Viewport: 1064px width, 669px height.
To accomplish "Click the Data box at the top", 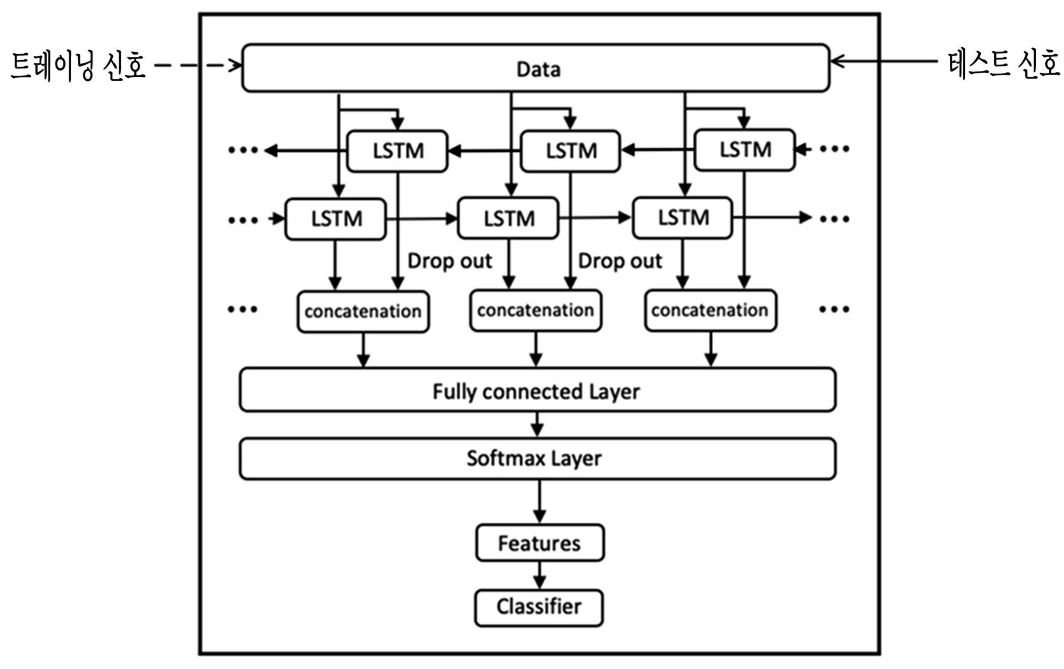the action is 536,68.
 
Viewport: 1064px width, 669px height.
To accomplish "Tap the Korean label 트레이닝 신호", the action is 78,66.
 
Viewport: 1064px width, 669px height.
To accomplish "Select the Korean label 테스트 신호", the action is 1003,64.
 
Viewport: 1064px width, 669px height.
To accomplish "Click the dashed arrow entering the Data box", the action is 198,66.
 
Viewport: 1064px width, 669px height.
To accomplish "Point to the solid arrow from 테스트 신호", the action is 884,61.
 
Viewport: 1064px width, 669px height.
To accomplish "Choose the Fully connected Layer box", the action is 537,390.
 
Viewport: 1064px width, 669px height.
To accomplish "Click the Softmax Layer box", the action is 537,459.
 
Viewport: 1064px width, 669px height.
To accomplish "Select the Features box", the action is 540,543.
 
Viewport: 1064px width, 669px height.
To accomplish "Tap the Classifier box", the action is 539,608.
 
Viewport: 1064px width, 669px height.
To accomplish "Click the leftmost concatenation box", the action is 363,312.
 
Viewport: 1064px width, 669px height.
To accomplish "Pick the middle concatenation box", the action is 536,310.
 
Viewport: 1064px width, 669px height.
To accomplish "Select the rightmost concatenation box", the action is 711,310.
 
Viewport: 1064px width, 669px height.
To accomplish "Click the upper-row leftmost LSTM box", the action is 397,151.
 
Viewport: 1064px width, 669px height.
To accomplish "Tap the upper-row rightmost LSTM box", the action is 745,150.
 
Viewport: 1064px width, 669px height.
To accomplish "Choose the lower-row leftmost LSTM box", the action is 336,219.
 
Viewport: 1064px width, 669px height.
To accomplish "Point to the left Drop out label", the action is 449,261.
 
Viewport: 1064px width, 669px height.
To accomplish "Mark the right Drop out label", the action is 620,261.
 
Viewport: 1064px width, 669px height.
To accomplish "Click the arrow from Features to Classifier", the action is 539,575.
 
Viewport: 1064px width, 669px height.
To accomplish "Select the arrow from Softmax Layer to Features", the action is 539,502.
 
